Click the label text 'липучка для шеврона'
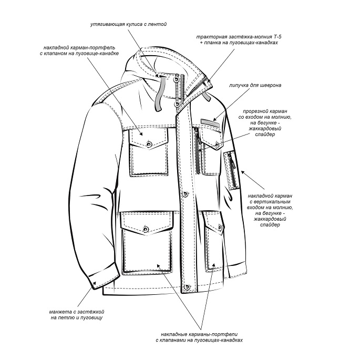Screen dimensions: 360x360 (x=255, y=86)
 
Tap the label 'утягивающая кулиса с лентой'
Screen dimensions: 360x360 (x=129, y=24)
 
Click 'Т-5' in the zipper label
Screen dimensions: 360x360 (x=277, y=37)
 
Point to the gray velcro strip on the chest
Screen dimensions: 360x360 (x=210, y=122)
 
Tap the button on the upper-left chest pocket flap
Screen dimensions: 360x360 (x=149, y=143)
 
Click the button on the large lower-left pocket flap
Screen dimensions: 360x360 (x=145, y=229)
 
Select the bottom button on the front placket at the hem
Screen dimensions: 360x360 (x=187, y=286)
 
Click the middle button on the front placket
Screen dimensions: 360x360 (x=185, y=194)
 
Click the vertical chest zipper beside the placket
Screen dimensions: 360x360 (x=197, y=151)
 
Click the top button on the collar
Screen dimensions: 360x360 (x=177, y=79)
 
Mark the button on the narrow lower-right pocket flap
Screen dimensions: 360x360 (x=220, y=228)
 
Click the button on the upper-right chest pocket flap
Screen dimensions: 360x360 (x=217, y=144)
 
